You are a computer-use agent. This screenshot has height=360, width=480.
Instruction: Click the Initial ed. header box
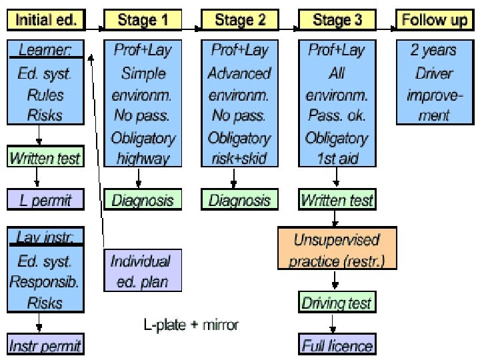[x=46, y=20]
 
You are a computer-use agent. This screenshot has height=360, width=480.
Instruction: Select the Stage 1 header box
[x=142, y=20]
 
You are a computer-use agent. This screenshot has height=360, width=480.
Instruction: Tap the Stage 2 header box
[x=240, y=20]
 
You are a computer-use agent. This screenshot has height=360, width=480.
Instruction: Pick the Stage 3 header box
[x=337, y=20]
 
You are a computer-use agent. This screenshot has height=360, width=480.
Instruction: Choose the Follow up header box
[x=435, y=20]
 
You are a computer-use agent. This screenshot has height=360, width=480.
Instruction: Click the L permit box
[x=45, y=199]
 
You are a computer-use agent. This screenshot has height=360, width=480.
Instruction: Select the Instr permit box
[x=45, y=345]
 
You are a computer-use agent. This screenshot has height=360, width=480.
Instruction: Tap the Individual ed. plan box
[x=139, y=271]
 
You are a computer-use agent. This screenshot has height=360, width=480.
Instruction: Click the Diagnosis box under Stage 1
[x=142, y=200]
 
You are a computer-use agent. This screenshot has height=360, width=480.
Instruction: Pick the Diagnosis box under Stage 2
[x=240, y=200]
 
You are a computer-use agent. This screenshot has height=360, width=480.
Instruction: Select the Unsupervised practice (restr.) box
[x=337, y=249]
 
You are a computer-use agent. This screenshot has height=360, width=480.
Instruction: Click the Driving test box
[x=337, y=303]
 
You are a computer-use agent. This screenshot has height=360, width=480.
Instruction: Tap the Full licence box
[x=337, y=345]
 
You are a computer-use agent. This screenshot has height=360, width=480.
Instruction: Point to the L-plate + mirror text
[x=191, y=325]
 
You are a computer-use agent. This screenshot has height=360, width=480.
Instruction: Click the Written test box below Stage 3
[x=337, y=199]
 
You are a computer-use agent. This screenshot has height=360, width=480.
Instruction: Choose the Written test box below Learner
[x=45, y=158]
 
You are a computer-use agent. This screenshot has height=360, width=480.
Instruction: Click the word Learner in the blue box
[x=45, y=50]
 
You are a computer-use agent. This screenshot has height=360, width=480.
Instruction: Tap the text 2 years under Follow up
[x=435, y=50]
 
